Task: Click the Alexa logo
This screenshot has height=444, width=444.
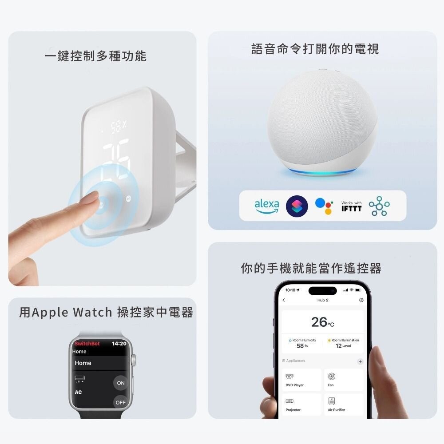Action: pyautogui.click(x=267, y=206)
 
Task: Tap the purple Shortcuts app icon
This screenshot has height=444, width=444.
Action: pyautogui.click(x=297, y=206)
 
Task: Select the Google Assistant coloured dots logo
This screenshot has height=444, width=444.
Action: pyautogui.click(x=324, y=206)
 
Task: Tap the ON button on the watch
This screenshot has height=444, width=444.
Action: pyautogui.click(x=121, y=383)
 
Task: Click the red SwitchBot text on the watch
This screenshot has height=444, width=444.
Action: pyautogui.click(x=87, y=344)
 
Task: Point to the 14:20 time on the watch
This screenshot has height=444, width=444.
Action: pyautogui.click(x=119, y=344)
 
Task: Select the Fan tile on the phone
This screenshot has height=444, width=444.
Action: pyautogui.click(x=343, y=380)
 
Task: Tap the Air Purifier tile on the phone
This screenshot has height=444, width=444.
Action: pyautogui.click(x=343, y=404)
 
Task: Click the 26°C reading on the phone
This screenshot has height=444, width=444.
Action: pyautogui.click(x=322, y=322)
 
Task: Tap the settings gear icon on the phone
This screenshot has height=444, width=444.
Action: pyautogui.click(x=361, y=300)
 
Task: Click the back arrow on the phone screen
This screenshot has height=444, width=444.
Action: pyautogui.click(x=284, y=300)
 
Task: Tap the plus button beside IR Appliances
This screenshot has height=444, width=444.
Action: pyautogui.click(x=360, y=361)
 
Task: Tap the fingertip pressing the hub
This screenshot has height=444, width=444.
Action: pyautogui.click(x=92, y=199)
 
